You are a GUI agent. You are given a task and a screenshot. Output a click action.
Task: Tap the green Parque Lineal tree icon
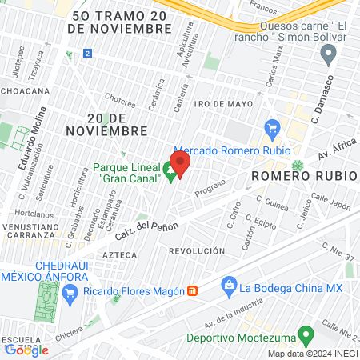point(169,170)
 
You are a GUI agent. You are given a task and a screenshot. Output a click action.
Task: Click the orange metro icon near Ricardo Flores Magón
point(192,290)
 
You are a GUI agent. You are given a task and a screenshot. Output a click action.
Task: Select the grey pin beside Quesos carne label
point(327,54)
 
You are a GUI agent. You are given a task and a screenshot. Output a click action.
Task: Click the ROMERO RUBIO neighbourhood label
point(290,174)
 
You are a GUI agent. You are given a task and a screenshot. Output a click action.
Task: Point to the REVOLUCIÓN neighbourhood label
point(197,250)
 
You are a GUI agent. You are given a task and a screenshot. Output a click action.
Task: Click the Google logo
point(26,350)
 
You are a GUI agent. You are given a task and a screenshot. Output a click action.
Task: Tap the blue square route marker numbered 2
point(87,54)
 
